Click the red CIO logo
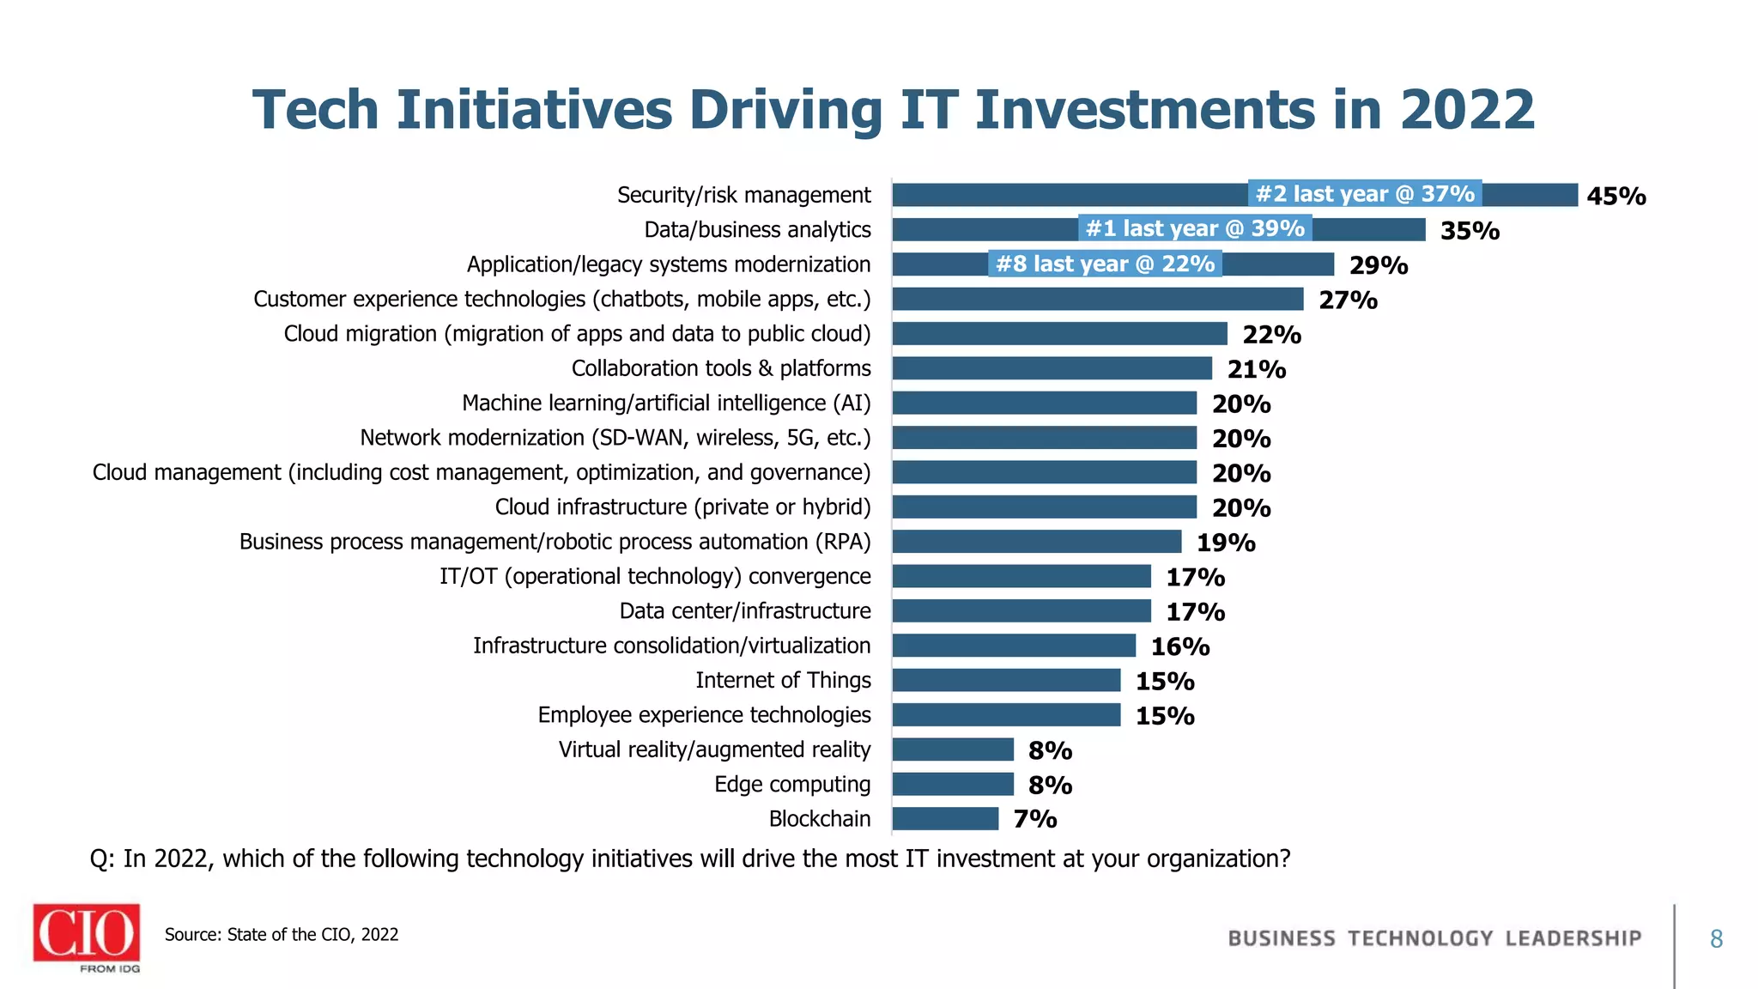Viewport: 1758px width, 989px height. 87,932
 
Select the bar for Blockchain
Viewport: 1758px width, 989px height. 945,819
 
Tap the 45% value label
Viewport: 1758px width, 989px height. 1616,197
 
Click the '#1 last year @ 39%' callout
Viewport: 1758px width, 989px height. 1195,228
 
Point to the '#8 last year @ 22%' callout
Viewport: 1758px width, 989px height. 1105,264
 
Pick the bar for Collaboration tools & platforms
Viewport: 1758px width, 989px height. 1052,368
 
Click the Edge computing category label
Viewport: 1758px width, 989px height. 792,785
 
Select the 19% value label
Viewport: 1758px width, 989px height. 1226,543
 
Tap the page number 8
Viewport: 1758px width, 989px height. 1716,939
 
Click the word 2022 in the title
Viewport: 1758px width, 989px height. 1467,111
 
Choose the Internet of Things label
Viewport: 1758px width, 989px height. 783,681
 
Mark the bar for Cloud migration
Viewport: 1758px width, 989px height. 1059,334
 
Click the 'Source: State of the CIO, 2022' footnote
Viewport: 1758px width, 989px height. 282,935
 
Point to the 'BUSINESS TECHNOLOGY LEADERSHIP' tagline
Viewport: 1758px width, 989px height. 1434,938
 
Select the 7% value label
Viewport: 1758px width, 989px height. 1034,819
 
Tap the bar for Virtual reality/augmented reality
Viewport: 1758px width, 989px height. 953,749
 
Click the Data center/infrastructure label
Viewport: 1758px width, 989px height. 745,611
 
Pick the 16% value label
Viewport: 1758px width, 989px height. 1180,646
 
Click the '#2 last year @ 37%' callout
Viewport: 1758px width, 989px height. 1365,194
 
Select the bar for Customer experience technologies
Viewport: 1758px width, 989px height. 1097,299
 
